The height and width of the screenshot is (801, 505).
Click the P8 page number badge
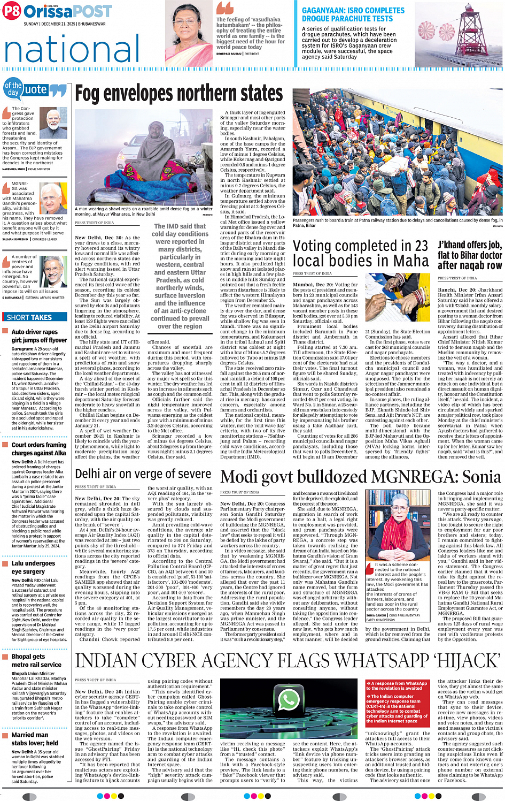[x=12, y=11]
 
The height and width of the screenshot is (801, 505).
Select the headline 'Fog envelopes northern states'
[x=179, y=94]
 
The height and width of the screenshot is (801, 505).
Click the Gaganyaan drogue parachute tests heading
[x=353, y=14]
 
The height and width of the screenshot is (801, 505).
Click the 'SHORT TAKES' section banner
[x=29, y=317]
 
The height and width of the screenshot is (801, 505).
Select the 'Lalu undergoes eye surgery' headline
[x=33, y=567]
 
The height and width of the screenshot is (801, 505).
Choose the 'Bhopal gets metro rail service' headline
[x=36, y=660]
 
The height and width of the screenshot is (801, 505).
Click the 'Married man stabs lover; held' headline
[x=35, y=739]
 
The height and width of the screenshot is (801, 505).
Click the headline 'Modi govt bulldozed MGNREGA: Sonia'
[x=361, y=477]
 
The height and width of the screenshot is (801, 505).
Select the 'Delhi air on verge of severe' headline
[x=143, y=474]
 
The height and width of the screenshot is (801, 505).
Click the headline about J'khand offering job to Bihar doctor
[x=470, y=255]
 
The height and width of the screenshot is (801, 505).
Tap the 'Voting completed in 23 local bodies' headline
[x=361, y=254]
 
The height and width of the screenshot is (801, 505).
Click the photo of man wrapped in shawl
[x=143, y=158]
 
